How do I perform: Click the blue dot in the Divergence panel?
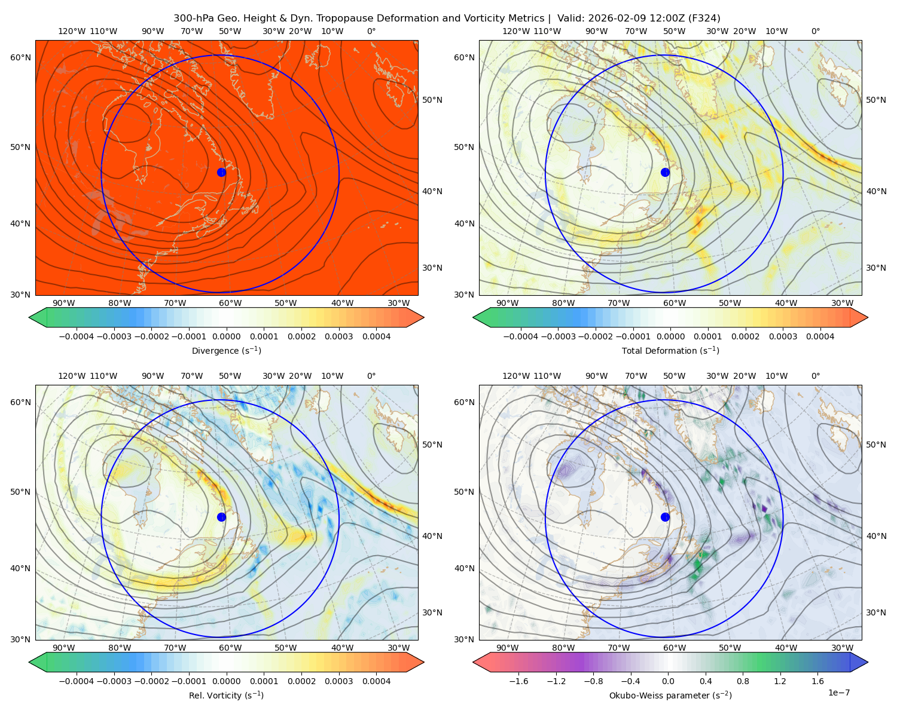point(221,172)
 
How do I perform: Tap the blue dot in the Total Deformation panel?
point(665,172)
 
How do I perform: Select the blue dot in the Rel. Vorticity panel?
point(221,517)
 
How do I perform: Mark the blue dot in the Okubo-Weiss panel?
point(665,517)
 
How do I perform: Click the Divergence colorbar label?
point(226,350)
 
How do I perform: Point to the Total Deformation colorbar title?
point(670,350)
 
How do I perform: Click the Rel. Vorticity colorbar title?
point(226,695)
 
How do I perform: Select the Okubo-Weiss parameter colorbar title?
point(670,695)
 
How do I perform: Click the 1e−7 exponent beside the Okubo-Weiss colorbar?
point(838,693)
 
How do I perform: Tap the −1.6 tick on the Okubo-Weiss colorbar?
point(518,681)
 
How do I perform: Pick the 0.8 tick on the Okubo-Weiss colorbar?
point(743,681)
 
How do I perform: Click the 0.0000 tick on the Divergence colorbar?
point(226,336)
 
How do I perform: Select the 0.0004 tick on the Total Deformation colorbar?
point(820,336)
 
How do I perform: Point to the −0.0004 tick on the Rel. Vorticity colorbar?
point(77,681)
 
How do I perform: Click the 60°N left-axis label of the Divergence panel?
point(20,57)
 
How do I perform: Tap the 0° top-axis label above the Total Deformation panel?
point(815,31)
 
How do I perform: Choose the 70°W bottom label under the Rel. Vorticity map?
point(175,648)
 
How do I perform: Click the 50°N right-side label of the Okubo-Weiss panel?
point(875,445)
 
